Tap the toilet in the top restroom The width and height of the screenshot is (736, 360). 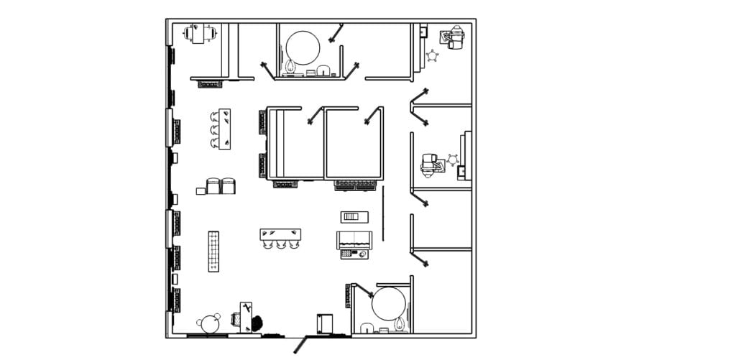point(290,68)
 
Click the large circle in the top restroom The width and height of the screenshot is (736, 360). point(303,47)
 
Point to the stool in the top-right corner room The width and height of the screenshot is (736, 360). point(432,55)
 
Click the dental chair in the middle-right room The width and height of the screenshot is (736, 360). point(431,165)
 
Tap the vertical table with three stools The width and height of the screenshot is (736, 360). point(224,129)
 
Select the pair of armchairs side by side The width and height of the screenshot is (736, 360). point(221,186)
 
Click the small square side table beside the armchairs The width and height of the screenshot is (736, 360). point(201,191)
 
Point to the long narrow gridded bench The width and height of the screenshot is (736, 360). point(213,251)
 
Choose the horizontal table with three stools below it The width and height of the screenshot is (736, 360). point(280,234)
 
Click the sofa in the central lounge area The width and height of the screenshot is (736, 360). point(354,240)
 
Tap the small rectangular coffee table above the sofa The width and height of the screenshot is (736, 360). point(354,216)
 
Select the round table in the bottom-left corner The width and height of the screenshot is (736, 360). point(210,324)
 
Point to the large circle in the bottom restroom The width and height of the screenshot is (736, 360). point(387,303)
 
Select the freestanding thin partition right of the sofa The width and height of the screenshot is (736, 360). point(383,213)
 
